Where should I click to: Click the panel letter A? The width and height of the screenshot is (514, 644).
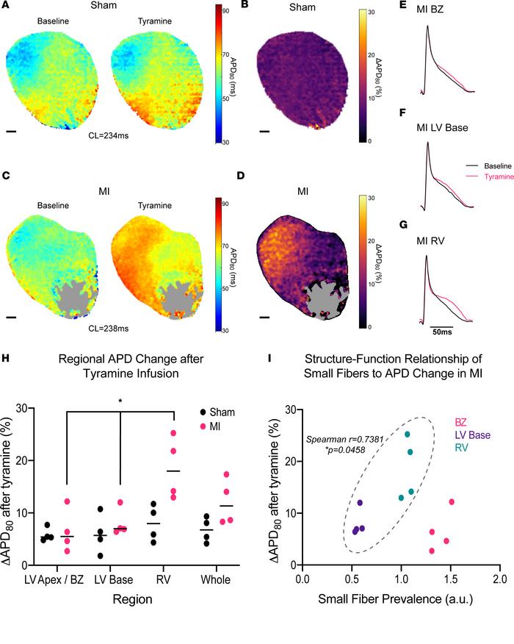[7, 9]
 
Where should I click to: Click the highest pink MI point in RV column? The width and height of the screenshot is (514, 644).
[173, 433]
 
